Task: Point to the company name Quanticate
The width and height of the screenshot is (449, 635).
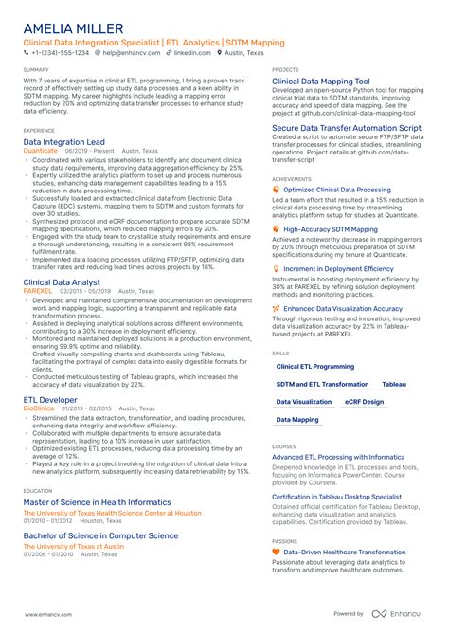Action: click(40, 150)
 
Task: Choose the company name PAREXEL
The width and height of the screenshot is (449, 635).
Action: click(38, 291)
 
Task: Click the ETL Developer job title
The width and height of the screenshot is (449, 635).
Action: click(50, 401)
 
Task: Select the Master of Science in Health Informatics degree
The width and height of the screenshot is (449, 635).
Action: click(98, 502)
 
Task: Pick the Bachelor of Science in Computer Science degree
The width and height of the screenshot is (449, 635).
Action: click(99, 535)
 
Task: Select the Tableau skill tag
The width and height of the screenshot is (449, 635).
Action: click(394, 384)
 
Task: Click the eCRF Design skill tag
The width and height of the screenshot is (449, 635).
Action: click(365, 402)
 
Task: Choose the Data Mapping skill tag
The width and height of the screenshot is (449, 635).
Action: click(297, 419)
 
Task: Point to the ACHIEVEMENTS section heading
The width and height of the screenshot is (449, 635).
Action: click(291, 178)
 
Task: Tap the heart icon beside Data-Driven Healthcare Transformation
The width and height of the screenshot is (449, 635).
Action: click(276, 551)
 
